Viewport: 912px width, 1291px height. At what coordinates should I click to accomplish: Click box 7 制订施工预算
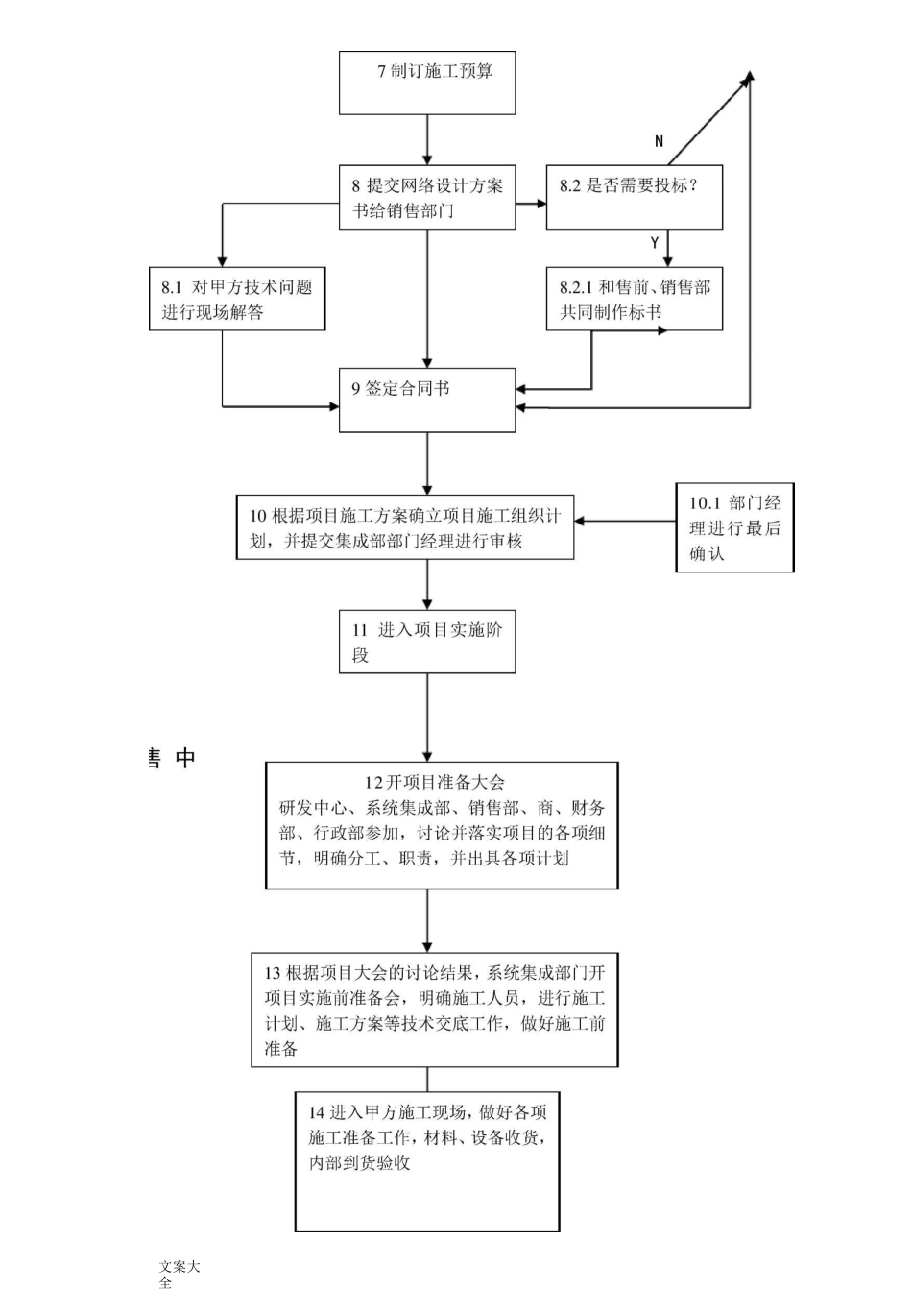pos(427,84)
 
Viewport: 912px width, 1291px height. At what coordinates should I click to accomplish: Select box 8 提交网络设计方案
pos(427,198)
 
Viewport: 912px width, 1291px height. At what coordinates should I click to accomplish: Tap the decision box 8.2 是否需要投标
pos(634,198)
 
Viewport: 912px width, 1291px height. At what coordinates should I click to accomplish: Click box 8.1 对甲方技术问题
pos(237,299)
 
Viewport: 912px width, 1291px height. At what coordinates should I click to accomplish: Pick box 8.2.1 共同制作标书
pos(634,299)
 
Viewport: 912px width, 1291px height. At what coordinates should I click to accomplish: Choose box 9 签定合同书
pos(427,400)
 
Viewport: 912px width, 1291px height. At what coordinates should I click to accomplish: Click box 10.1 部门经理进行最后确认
pos(734,527)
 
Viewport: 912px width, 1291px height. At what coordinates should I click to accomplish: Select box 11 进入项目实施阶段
pos(427,642)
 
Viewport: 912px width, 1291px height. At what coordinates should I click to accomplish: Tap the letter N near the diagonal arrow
pos(659,141)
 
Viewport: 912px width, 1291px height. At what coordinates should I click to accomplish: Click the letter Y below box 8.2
pos(655,243)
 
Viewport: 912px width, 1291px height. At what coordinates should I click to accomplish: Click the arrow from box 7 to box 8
pos(427,140)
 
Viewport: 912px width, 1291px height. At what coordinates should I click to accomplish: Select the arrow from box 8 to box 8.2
pos(531,204)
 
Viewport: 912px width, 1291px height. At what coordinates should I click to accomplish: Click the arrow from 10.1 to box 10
pos(624,522)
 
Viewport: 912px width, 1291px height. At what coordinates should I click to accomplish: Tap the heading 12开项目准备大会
pos(434,782)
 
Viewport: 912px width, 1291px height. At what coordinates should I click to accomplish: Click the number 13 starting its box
pos(273,973)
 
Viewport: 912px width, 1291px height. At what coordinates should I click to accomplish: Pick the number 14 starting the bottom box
pos(316,1112)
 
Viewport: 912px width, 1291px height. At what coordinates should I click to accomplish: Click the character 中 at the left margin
pos(185,758)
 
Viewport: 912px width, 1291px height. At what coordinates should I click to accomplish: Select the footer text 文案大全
pos(179,1274)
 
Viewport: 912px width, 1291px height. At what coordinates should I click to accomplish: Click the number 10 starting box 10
pos(257,516)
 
